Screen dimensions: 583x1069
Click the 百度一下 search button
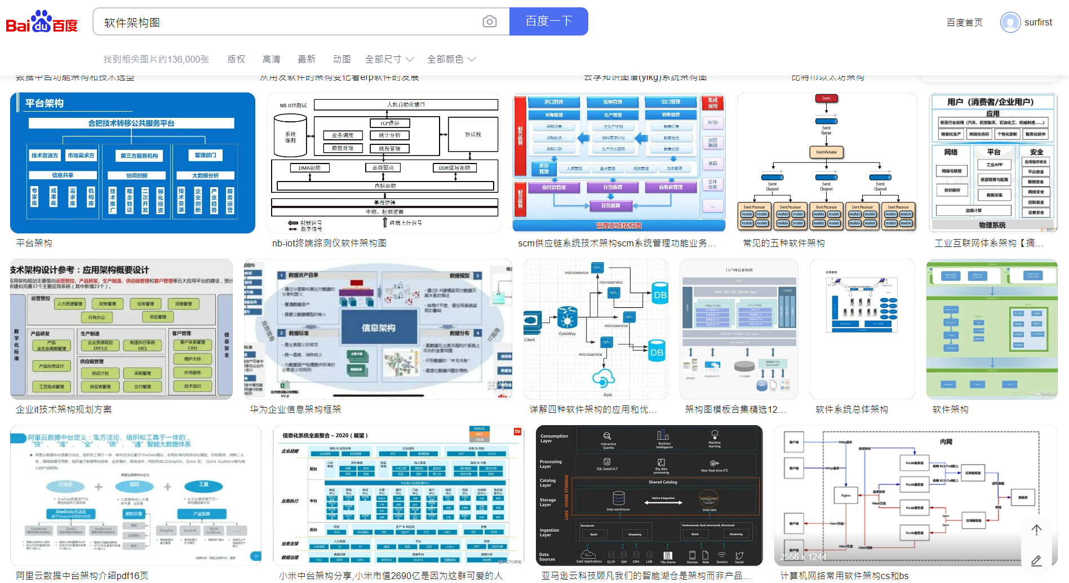[548, 21]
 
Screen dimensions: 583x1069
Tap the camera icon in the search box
[490, 21]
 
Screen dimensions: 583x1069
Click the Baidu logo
[42, 22]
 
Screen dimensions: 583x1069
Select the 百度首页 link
[964, 23]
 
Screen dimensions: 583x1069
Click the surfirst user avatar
[1010, 23]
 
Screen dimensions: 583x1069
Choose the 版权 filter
[236, 59]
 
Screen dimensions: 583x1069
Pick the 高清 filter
[271, 59]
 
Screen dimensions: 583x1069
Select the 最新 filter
[306, 59]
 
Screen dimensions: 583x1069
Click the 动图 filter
[341, 59]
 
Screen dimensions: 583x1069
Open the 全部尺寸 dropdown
[389, 59]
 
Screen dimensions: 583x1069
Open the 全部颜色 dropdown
[451, 59]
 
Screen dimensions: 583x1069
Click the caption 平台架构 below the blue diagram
[34, 243]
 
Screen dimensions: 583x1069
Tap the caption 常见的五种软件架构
[783, 243]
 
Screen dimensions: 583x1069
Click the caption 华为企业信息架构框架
[295, 409]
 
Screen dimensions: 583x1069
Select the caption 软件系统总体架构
[851, 409]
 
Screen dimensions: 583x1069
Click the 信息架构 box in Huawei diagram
[378, 328]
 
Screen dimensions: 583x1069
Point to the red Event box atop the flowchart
[826, 98]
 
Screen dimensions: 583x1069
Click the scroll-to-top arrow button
[1036, 529]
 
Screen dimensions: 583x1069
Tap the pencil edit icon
[1036, 560]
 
